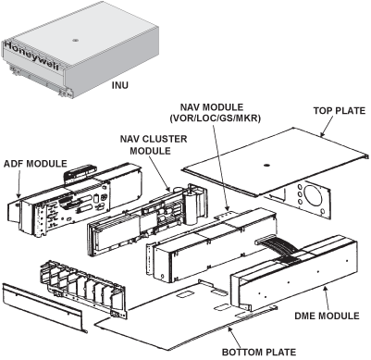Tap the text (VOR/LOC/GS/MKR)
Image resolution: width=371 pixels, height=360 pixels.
pos(218,118)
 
